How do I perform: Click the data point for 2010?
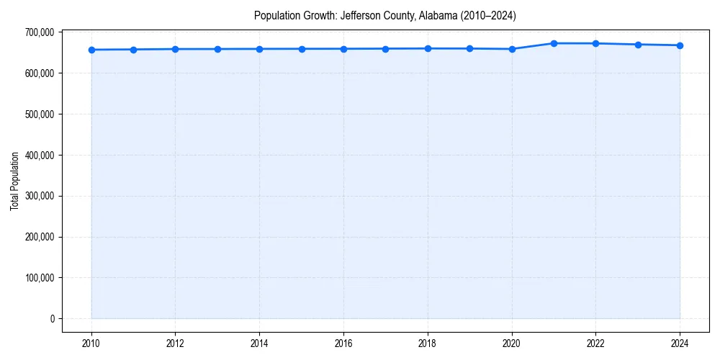click(91, 50)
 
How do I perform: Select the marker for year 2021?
click(554, 43)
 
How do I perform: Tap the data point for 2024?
click(680, 45)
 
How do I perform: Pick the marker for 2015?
click(302, 49)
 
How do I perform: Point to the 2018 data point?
click(428, 48)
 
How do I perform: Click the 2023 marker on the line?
click(638, 45)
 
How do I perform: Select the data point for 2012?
click(175, 49)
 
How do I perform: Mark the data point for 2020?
click(512, 49)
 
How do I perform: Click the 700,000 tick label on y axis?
click(39, 32)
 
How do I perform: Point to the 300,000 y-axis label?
click(39, 196)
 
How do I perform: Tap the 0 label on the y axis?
click(52, 319)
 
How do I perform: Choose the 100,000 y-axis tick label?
click(39, 278)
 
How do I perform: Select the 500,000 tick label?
click(39, 114)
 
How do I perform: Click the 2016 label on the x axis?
click(343, 343)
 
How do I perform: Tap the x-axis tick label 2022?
click(595, 343)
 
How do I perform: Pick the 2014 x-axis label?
click(259, 343)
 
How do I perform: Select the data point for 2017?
click(386, 49)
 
